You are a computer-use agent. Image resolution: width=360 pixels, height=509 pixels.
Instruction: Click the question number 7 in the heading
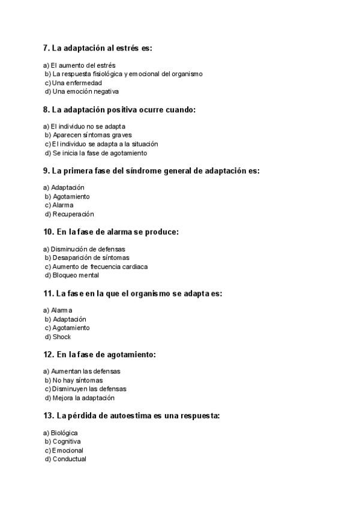(x=46, y=48)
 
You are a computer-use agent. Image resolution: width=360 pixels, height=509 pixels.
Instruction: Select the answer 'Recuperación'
(x=73, y=214)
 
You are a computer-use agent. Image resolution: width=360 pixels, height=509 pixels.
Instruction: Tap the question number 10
(x=49, y=232)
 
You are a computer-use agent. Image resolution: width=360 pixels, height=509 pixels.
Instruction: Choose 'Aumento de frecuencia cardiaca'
(x=100, y=267)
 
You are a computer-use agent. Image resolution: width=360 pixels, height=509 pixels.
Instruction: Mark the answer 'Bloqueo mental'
(x=76, y=276)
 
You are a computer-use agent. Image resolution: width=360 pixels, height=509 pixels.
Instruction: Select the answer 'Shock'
(x=62, y=337)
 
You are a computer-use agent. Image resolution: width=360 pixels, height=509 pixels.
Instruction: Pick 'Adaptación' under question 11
(x=69, y=319)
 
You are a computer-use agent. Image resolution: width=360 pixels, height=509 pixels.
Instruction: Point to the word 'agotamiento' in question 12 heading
(x=133, y=355)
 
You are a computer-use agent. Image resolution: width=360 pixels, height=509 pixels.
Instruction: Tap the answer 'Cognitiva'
(x=67, y=442)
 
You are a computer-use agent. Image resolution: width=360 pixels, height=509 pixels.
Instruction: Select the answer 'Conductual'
(x=69, y=459)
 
